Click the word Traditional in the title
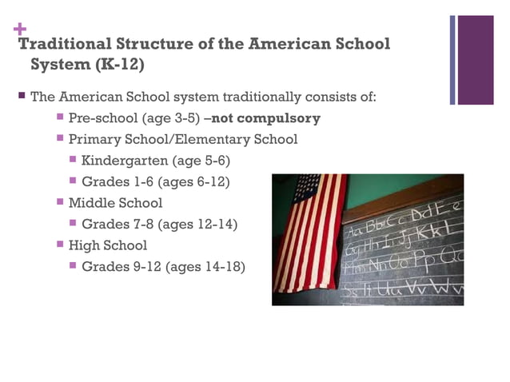tap(65, 44)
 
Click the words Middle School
tap(115, 203)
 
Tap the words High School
tap(108, 245)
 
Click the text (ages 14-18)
tap(205, 266)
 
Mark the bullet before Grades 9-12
tap(73, 265)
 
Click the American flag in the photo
tap(309, 231)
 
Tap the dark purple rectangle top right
tap(476, 60)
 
